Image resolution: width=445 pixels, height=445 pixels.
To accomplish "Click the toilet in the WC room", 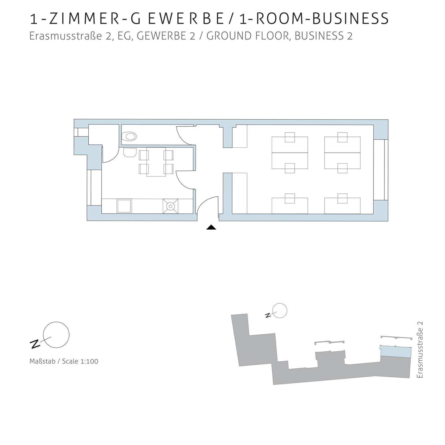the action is [129, 136].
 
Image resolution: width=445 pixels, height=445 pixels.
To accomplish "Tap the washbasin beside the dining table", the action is [130, 152].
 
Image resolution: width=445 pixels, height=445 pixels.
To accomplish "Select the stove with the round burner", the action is [170, 206].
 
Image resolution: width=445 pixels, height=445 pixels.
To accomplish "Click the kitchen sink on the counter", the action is [124, 206].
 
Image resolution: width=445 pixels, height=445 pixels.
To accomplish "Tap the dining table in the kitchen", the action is [156, 162].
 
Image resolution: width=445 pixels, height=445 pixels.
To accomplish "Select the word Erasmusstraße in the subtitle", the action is [66, 36].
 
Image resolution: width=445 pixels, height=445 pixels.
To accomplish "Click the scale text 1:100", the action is [89, 361].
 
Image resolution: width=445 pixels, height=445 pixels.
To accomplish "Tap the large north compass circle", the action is [56, 335].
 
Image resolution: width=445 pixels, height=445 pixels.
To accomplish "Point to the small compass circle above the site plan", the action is [280, 311].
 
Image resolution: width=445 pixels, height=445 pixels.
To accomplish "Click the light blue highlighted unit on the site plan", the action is [396, 352].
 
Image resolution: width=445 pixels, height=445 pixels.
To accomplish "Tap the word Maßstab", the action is [42, 361].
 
